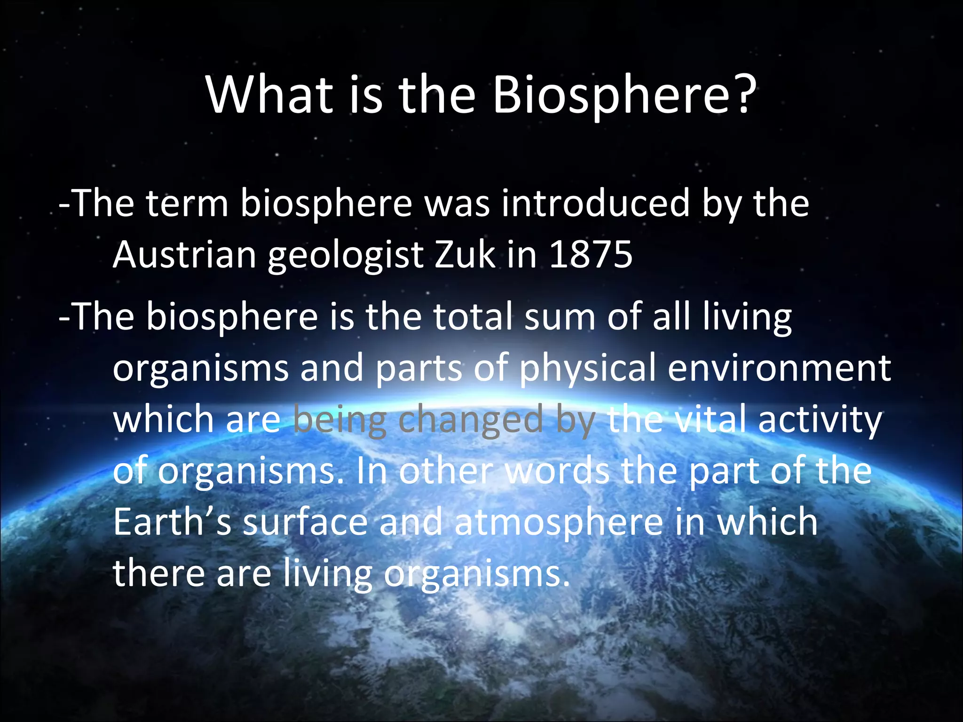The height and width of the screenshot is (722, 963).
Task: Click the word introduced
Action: pos(595,203)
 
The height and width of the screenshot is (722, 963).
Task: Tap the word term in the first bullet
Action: pos(187,204)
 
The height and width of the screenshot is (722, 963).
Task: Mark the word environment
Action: pos(779,369)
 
